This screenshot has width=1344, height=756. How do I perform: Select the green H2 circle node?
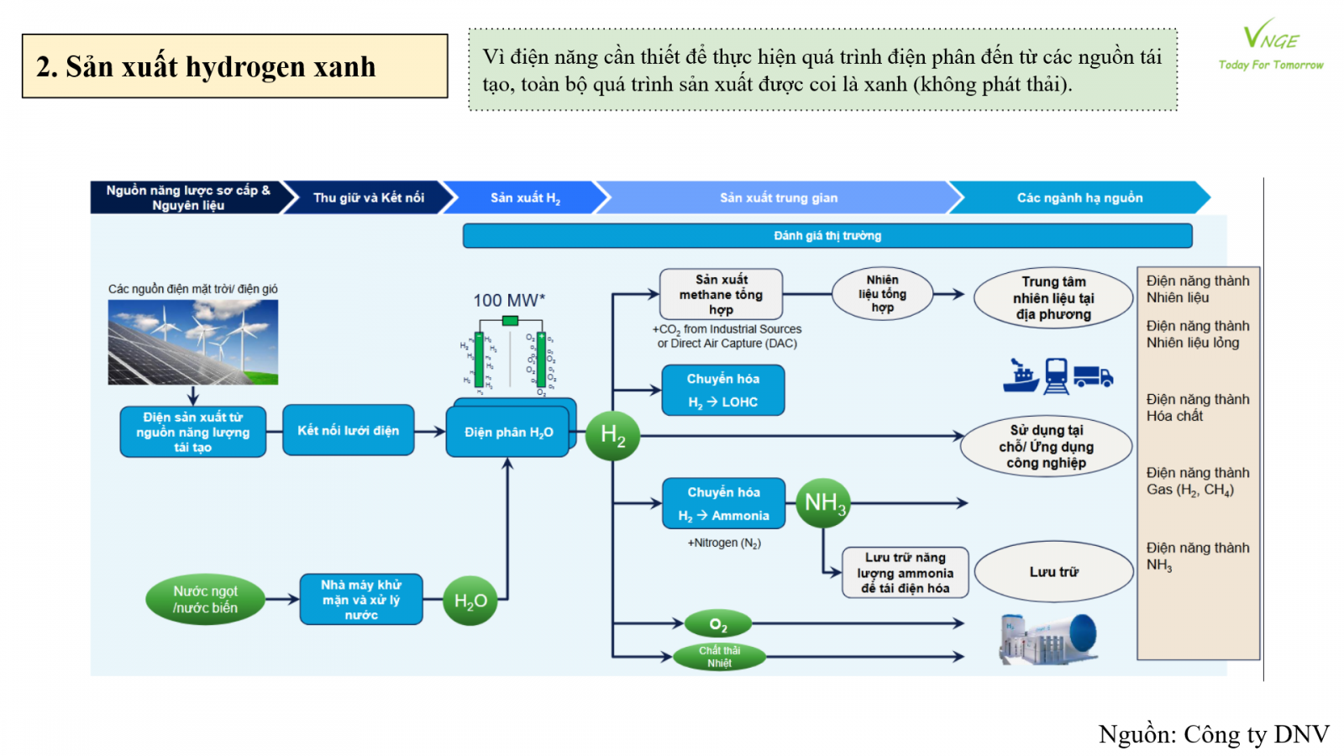tap(612, 435)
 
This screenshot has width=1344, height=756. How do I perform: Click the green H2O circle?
tap(470, 601)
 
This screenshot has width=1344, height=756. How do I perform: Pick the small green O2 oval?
tap(718, 624)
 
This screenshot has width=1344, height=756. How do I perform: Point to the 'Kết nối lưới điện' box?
tap(348, 431)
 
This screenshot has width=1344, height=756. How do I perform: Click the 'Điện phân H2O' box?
tap(507, 432)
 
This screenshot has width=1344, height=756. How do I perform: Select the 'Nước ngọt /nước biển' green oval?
tap(205, 600)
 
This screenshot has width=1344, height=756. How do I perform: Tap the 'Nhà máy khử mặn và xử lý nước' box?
tap(361, 600)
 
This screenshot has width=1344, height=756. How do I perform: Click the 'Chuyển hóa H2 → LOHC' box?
tap(722, 391)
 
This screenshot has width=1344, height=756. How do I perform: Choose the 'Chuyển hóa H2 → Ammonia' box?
tap(723, 504)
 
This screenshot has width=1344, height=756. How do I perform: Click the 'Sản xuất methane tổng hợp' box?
tap(721, 294)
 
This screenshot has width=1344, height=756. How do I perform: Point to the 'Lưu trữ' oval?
tap(1053, 572)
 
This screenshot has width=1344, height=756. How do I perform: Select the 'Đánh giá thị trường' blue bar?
tap(827, 236)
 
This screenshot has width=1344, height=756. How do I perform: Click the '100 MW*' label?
tap(509, 300)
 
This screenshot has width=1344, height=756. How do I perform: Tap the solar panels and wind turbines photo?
tap(193, 342)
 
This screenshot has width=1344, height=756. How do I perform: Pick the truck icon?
tap(1093, 376)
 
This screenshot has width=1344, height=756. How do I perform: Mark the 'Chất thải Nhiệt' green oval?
tap(719, 657)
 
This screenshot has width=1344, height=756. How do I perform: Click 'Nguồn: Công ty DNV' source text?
tap(1214, 735)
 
